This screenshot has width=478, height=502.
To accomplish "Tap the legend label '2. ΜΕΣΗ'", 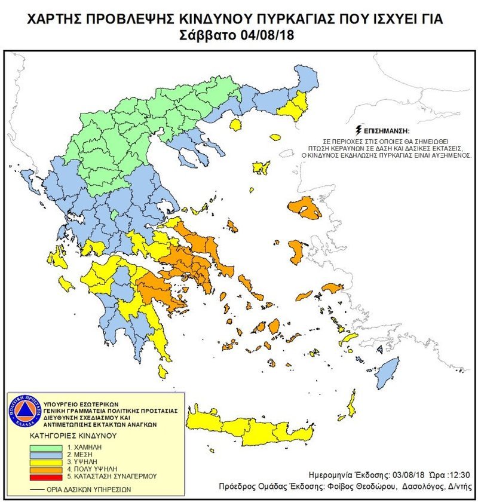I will [84, 454].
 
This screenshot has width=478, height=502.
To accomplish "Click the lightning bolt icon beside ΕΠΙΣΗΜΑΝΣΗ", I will [358, 129].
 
